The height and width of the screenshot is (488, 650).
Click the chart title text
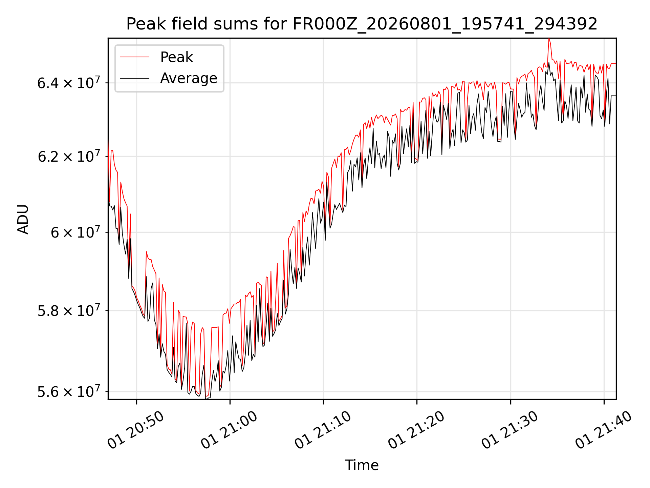pyautogui.click(x=362, y=24)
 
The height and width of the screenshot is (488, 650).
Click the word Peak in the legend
pyautogui.click(x=176, y=57)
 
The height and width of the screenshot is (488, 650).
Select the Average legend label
pyautogui.click(x=189, y=78)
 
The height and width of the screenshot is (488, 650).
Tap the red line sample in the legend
pyautogui.click(x=135, y=57)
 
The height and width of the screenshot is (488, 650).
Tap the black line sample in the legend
pyautogui.click(x=135, y=78)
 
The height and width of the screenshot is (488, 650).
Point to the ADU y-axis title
pyautogui.click(x=23, y=219)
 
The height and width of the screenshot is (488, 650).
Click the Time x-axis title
pyautogui.click(x=362, y=465)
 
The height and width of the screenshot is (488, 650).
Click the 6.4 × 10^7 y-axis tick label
pyautogui.click(x=69, y=82)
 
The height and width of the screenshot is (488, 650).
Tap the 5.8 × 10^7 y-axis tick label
pyautogui.click(x=69, y=310)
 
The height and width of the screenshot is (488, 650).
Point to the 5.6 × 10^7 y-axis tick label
pyautogui.click(x=69, y=391)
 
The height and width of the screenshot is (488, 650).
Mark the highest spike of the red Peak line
pyautogui.click(x=549, y=39)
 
